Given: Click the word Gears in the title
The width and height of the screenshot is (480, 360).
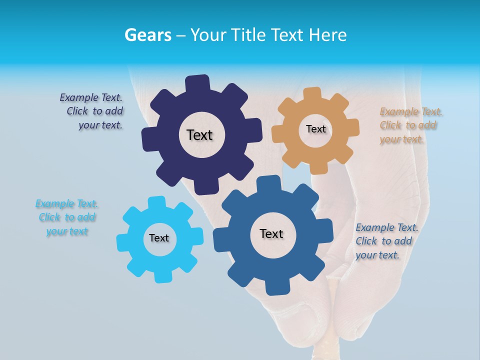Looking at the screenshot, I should [147, 35].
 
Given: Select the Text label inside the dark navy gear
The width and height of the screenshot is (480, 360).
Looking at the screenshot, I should [199, 135].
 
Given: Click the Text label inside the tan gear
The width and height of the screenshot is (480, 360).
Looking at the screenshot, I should [315, 129].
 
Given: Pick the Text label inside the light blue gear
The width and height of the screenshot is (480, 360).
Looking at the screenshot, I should [159, 238].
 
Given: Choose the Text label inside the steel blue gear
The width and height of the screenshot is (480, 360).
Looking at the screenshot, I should [271, 233].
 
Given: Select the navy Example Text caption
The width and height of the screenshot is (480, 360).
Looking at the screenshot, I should [91, 111].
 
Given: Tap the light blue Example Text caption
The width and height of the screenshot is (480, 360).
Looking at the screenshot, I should [66, 217].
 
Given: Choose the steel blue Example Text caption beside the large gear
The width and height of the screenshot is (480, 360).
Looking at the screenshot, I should [386, 241].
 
